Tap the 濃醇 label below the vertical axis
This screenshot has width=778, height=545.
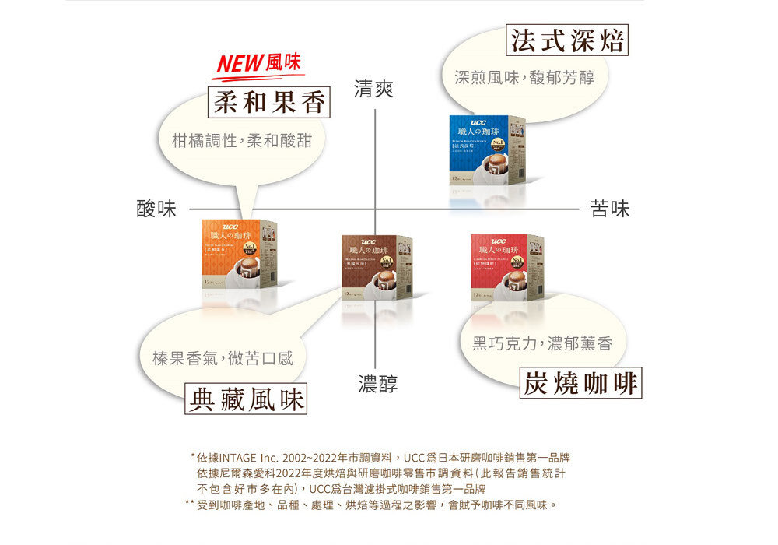click(377, 384)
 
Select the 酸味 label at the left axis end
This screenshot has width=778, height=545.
click(156, 209)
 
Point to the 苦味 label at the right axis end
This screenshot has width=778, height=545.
click(610, 209)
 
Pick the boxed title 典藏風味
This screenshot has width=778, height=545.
click(247, 399)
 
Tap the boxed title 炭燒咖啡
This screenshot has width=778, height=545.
click(580, 383)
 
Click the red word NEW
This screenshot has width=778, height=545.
click(239, 65)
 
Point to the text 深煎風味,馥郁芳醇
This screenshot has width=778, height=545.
click(524, 78)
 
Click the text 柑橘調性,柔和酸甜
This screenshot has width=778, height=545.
click(242, 142)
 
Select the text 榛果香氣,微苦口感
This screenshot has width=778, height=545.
click(223, 358)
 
